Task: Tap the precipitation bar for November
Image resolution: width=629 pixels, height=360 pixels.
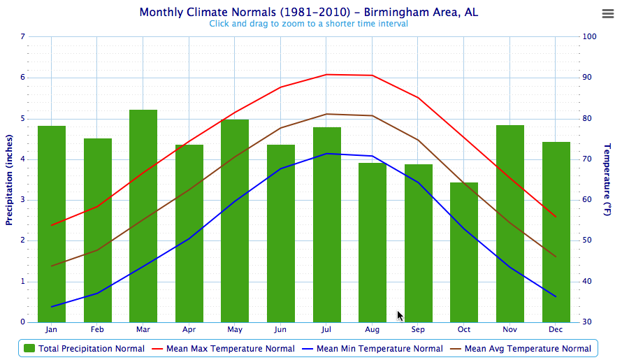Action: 510,224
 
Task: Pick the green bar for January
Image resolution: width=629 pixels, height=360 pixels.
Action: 52,224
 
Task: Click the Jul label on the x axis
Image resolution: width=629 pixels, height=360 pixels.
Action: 326,329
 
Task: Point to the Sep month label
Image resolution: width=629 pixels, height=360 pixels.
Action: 418,329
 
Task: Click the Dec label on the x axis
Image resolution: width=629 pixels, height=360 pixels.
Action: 556,329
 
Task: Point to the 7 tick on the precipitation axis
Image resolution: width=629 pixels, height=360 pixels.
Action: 23,37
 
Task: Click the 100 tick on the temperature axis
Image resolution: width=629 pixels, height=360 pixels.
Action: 589,37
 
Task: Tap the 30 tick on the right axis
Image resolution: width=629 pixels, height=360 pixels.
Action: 587,322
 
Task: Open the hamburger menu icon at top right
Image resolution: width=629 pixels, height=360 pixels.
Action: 607,14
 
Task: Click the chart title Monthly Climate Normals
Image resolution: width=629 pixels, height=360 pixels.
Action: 309,13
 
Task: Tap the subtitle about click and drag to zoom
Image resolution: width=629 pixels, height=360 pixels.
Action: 308,24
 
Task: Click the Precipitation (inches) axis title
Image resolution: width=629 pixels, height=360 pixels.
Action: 10,180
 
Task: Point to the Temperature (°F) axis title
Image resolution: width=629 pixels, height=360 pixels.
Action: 607,180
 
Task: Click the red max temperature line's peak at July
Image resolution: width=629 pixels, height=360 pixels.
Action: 326,74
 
